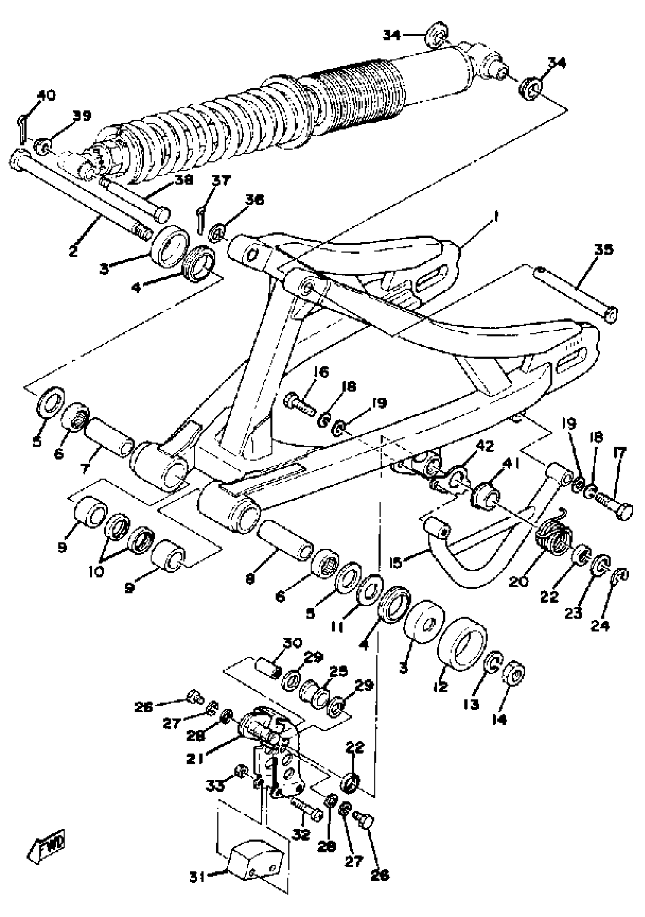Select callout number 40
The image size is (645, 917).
click(46, 95)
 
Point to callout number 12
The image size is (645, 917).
click(440, 686)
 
